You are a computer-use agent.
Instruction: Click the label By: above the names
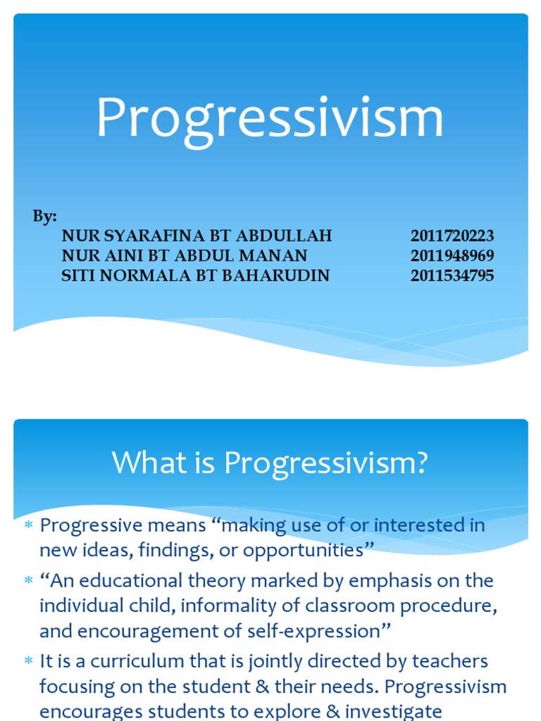point(44,217)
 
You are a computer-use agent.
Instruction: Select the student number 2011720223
point(452,236)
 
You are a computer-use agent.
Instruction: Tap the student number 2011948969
point(452,256)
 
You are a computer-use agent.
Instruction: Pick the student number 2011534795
point(452,275)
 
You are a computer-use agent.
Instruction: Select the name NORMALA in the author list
point(145,275)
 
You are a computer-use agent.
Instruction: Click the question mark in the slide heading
point(421,463)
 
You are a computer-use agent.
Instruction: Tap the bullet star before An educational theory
point(29,582)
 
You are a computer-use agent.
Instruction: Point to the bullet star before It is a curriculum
point(29,662)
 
